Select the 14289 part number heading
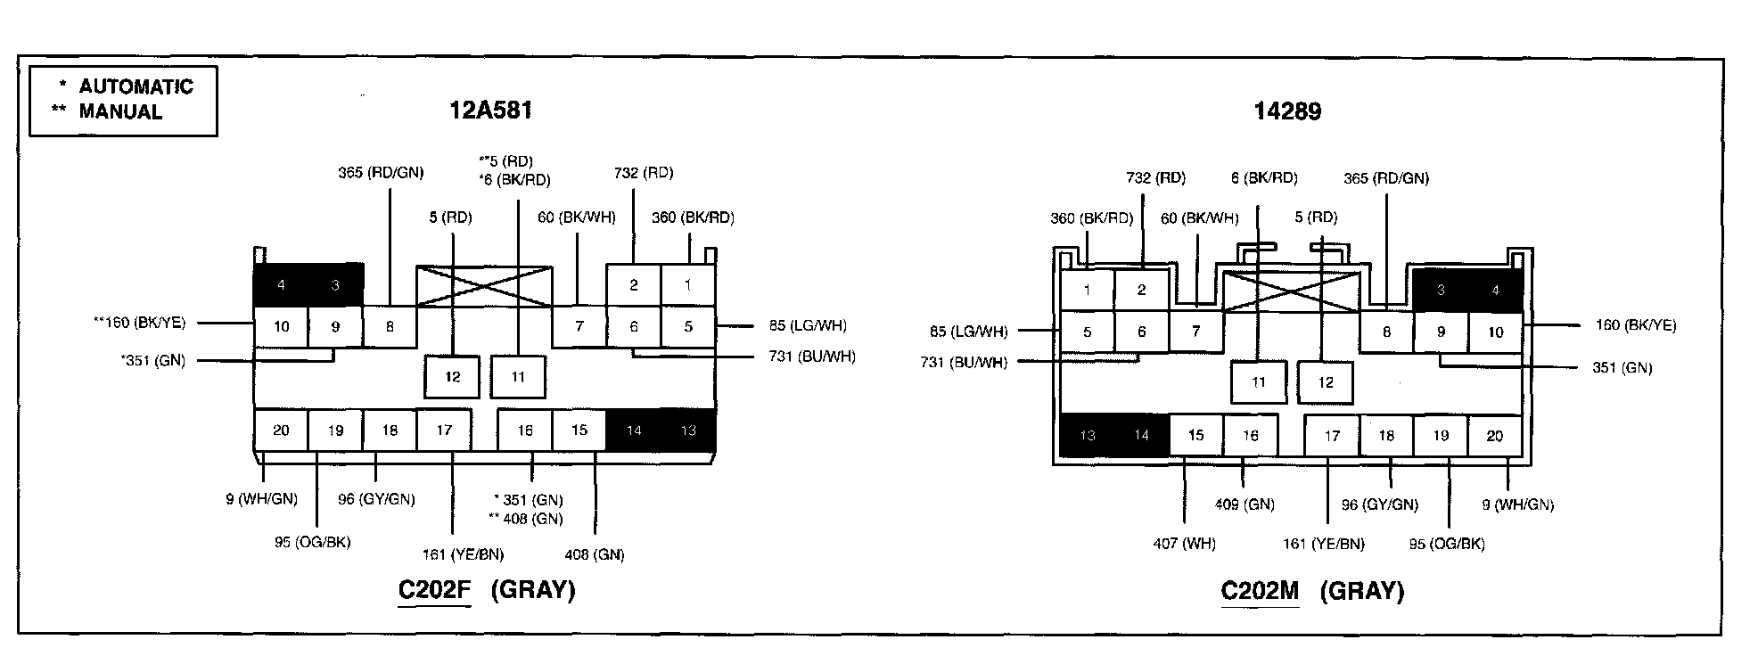point(1286,111)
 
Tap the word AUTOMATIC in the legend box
point(136,86)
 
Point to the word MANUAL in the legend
point(120,112)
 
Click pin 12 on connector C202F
point(452,377)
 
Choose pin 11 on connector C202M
point(1258,382)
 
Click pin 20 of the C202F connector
point(281,430)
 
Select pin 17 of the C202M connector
point(1331,436)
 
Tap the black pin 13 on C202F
point(687,431)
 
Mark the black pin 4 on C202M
point(1495,291)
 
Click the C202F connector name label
point(434,590)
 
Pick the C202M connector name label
point(1259,591)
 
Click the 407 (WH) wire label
point(1184,543)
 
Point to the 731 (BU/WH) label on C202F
point(811,357)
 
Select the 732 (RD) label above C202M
point(1155,178)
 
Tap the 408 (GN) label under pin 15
point(594,555)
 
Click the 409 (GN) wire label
point(1245,504)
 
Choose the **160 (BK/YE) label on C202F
point(139,323)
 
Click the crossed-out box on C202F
point(484,286)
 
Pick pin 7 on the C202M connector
point(1195,332)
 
